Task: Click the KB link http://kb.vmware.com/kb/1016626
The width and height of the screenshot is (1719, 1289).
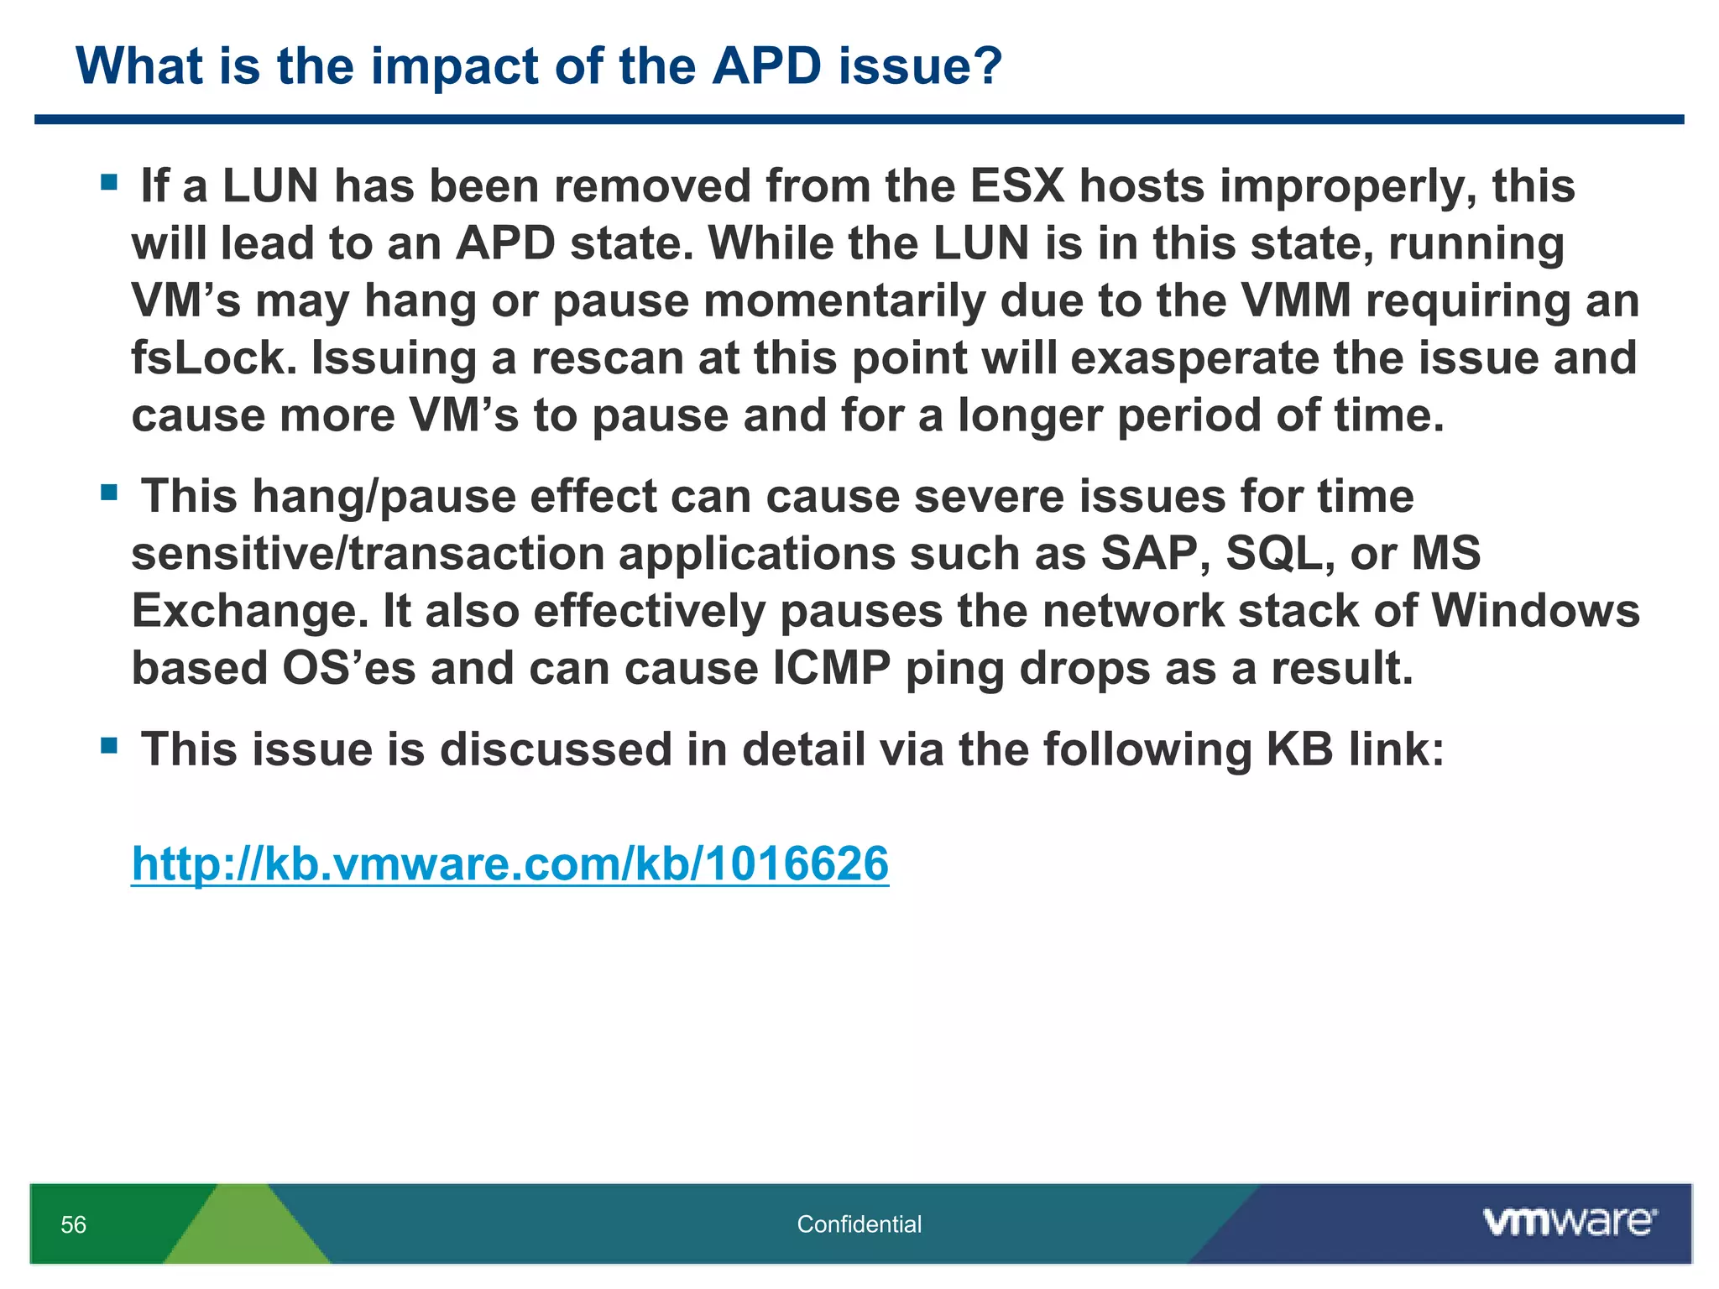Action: (509, 864)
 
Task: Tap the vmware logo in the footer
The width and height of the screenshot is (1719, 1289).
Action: (1570, 1223)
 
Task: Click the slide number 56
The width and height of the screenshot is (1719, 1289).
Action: (73, 1225)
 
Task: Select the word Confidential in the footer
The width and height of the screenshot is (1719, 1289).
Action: (859, 1224)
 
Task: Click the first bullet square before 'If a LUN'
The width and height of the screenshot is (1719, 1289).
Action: (109, 182)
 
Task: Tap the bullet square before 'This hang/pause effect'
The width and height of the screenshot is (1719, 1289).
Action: (109, 492)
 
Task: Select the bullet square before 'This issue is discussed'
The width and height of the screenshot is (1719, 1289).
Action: (109, 745)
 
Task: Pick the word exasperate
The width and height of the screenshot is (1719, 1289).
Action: (1194, 357)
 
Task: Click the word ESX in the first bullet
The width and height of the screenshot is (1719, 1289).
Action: (1017, 185)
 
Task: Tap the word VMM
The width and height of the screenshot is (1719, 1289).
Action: (1296, 300)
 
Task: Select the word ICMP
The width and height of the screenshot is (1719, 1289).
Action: (831, 669)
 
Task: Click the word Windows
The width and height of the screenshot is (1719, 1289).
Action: (1535, 611)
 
